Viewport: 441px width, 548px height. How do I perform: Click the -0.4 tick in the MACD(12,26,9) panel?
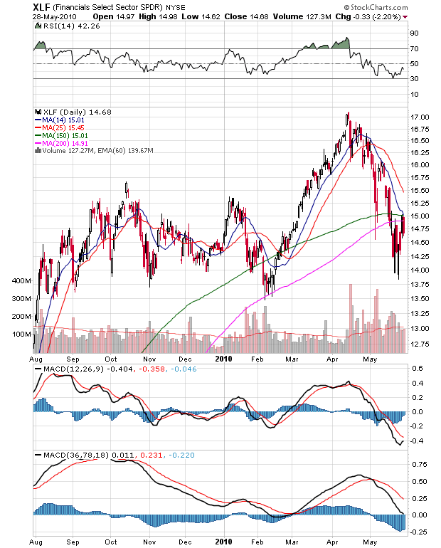coord(416,441)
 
